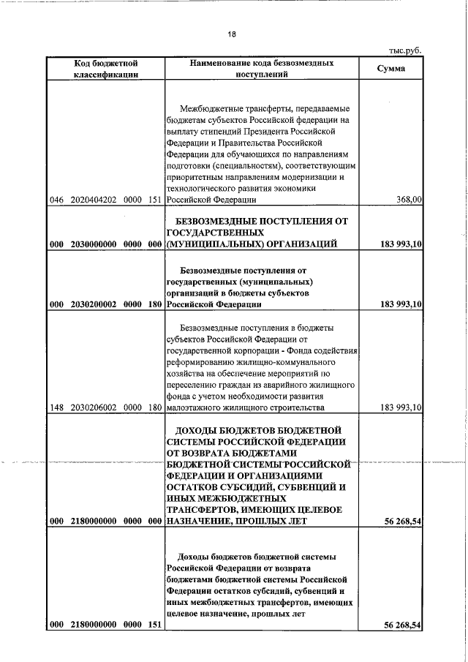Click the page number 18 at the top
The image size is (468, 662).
pos(232,34)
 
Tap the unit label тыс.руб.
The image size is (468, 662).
pos(406,50)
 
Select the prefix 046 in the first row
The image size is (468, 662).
pos(57,199)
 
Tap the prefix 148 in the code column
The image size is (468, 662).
pos(57,407)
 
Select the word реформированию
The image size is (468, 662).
pos(201,362)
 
